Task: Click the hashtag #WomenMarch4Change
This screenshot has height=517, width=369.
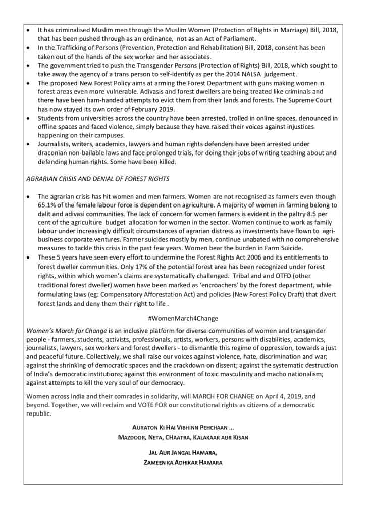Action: pos(183,318)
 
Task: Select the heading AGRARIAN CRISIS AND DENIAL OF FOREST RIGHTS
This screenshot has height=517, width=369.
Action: pos(97,178)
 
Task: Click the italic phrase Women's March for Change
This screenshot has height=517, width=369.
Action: pos(67,331)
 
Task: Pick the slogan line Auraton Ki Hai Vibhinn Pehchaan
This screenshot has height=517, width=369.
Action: pos(183,428)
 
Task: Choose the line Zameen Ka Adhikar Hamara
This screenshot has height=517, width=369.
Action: pos(183,462)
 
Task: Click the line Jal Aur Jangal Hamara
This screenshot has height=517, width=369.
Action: pos(183,453)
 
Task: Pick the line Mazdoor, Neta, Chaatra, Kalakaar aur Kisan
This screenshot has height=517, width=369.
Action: pos(183,437)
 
